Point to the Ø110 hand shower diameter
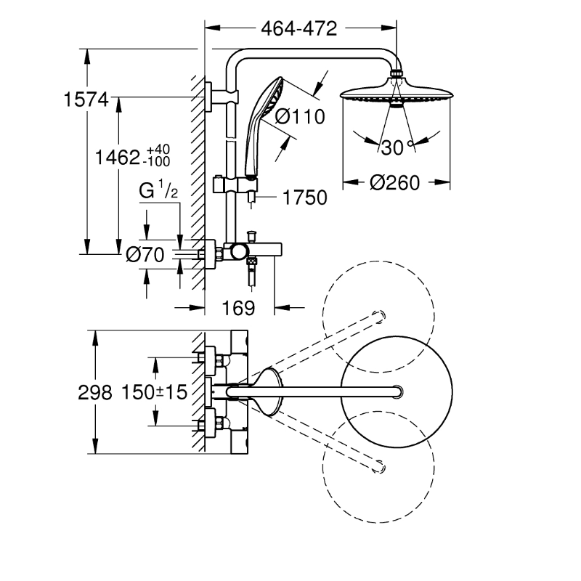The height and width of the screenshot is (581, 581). [x=298, y=115]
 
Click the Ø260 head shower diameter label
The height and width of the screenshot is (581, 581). [x=394, y=182]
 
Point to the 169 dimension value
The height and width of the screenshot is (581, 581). [x=239, y=308]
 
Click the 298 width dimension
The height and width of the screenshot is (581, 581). [x=96, y=392]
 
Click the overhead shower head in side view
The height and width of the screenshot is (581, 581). [x=395, y=94]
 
